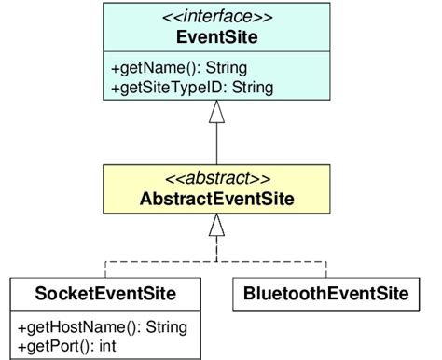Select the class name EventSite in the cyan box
(216, 37)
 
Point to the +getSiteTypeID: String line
(192, 88)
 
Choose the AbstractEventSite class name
(216, 199)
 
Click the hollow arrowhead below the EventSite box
(216, 114)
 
